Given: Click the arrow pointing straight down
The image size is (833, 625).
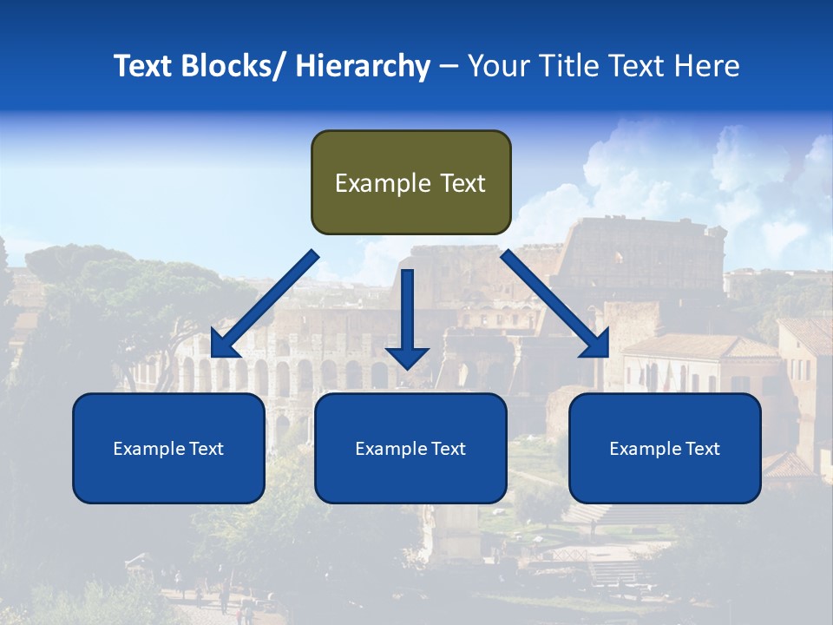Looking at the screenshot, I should click(x=407, y=317).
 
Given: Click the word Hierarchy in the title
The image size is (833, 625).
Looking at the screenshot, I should click(x=363, y=66).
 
